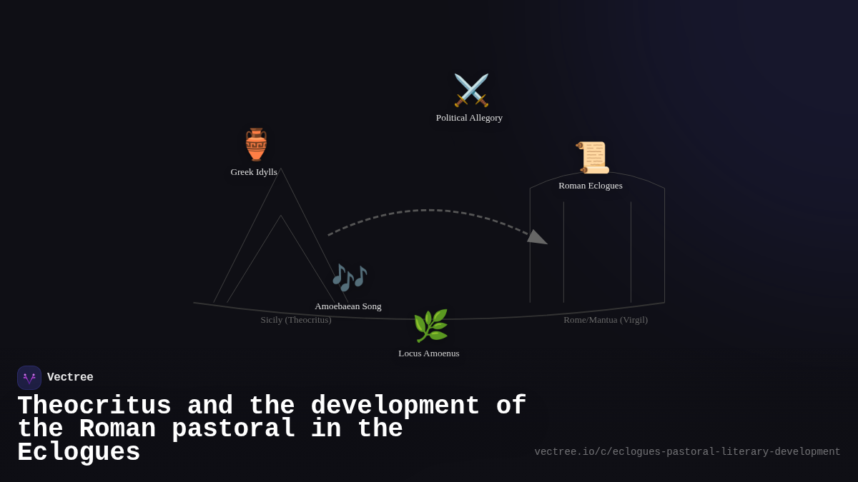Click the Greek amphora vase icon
click(256, 144)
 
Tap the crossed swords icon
click(471, 90)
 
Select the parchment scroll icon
click(592, 158)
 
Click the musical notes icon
click(350, 278)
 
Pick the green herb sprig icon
click(431, 326)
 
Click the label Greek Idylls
click(254, 172)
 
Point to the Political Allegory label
click(469, 118)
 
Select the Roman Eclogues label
click(591, 186)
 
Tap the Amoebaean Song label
click(347, 306)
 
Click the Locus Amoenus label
click(428, 353)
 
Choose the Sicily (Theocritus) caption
click(296, 320)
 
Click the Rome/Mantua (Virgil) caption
click(606, 320)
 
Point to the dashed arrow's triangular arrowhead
click(538, 238)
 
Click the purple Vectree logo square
click(29, 378)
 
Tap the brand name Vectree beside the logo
click(70, 377)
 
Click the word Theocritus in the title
click(94, 405)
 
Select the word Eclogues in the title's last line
click(79, 452)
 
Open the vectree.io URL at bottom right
click(687, 452)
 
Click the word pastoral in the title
click(233, 428)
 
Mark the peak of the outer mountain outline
click(281, 169)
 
